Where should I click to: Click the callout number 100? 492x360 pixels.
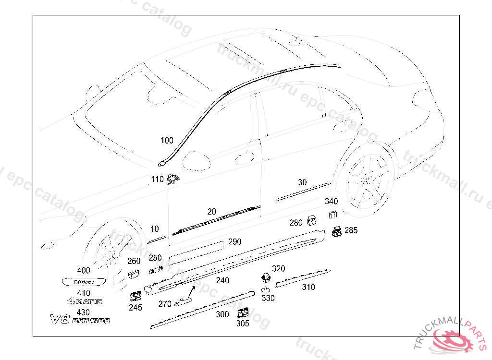click(167, 141)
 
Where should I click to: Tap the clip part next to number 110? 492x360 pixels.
click(172, 180)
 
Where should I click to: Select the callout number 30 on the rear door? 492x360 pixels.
click(302, 182)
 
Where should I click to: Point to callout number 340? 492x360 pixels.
click(332, 201)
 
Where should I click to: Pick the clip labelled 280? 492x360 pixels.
click(312, 220)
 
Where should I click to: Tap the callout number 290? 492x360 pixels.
click(234, 242)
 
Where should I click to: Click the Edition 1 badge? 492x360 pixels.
click(83, 282)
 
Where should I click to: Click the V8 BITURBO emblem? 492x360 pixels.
click(80, 319)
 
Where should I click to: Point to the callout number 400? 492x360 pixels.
click(83, 270)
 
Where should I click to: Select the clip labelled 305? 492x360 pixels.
click(243, 313)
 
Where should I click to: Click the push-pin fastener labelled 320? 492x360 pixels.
click(265, 277)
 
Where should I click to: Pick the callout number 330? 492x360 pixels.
click(268, 298)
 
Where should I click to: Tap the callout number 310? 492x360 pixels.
click(308, 287)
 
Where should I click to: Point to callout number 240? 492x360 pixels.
click(222, 280)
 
